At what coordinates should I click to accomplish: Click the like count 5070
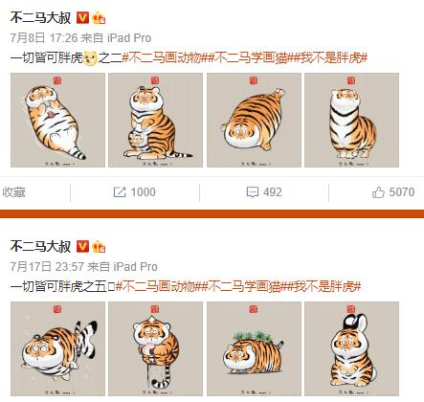coord(402,191)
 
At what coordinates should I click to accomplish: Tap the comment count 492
coord(272,191)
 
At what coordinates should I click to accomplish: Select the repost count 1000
coord(143,191)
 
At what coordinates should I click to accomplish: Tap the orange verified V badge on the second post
coord(81,246)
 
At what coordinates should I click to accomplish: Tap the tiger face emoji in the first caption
coord(90,58)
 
